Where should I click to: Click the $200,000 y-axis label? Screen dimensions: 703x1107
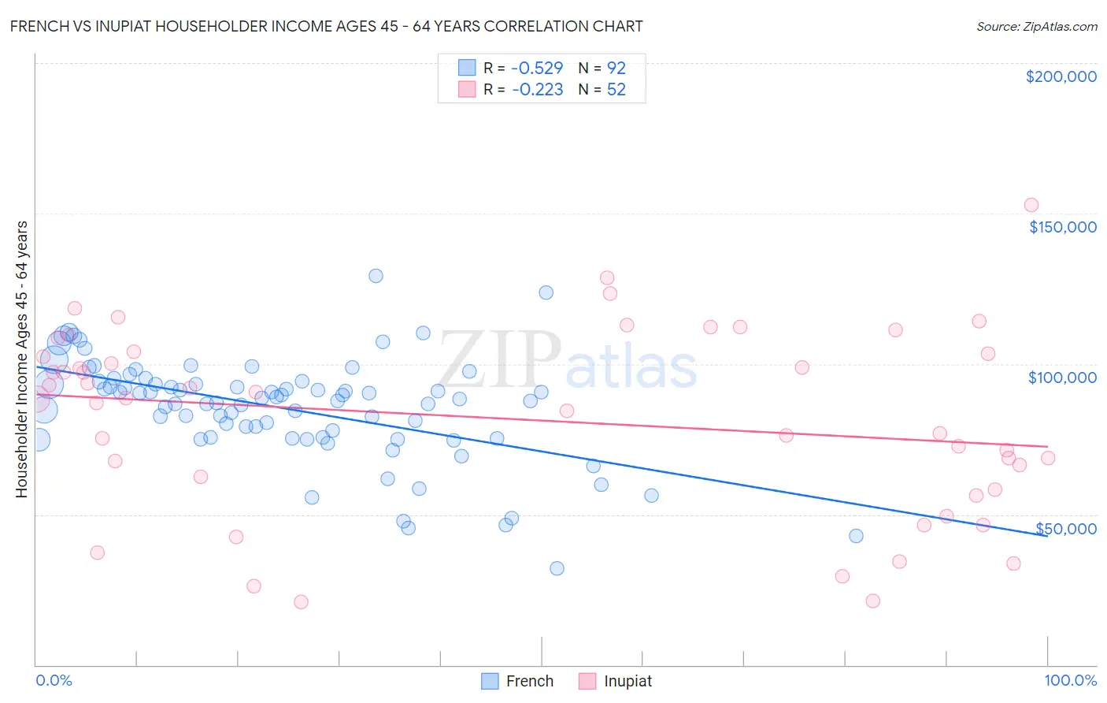1061,76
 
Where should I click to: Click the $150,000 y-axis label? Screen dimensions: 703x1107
1062,227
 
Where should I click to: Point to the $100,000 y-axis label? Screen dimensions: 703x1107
1062,378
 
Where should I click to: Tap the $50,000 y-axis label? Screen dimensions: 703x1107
1065,529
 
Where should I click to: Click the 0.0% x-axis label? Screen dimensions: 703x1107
54,680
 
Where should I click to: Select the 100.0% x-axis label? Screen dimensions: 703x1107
1070,680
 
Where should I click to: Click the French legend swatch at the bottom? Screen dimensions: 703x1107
490,681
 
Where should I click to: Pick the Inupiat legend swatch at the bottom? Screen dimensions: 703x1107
587,681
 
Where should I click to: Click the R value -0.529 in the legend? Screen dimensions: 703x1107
537,68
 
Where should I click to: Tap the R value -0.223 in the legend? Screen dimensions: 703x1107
537,90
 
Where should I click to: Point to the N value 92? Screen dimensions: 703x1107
616,68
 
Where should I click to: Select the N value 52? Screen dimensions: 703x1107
616,90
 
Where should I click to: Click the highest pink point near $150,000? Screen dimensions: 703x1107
1031,205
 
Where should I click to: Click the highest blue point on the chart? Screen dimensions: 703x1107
376,276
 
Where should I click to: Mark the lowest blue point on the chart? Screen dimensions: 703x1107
557,568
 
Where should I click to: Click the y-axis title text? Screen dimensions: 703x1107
22,359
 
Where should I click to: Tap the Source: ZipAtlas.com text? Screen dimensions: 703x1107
1036,27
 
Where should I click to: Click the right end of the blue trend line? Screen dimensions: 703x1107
1047,536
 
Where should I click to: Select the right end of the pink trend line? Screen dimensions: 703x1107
1047,447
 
